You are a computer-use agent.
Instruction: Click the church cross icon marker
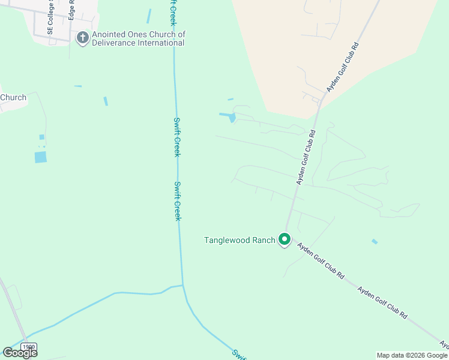pyautogui.click(x=82, y=38)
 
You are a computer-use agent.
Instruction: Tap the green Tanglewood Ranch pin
pyautogui.click(x=285, y=240)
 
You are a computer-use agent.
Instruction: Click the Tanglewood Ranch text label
pyautogui.click(x=240, y=240)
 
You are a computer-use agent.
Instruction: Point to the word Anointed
pyautogui.click(x=109, y=35)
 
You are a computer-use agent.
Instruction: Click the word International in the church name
pyautogui.click(x=161, y=43)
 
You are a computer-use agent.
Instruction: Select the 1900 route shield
pyautogui.click(x=28, y=347)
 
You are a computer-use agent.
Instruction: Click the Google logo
pyautogui.click(x=20, y=353)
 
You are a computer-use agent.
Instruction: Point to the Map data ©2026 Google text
pyautogui.click(x=412, y=355)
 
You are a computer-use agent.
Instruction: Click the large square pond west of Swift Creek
pyautogui.click(x=40, y=157)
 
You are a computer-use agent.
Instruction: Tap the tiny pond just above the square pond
pyautogui.click(x=41, y=137)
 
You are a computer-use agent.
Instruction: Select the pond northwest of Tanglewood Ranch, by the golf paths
pyautogui.click(x=229, y=116)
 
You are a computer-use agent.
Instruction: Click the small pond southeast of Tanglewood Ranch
pyautogui.click(x=375, y=241)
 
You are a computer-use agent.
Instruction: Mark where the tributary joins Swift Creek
pyautogui.click(x=182, y=286)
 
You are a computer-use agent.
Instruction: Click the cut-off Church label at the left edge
pyautogui.click(x=13, y=98)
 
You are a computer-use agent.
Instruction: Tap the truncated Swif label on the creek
pyautogui.click(x=238, y=354)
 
